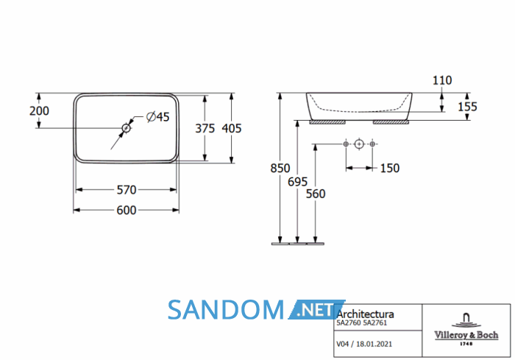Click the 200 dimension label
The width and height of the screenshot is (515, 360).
[x=39, y=110]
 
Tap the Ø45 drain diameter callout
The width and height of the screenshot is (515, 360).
[x=157, y=117]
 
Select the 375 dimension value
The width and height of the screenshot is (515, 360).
[x=205, y=128]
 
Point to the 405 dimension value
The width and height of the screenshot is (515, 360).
[x=232, y=128]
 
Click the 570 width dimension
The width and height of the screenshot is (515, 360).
[x=127, y=190]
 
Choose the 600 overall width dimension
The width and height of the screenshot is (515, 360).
[x=127, y=210]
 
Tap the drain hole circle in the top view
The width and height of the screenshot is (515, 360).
[x=126, y=128]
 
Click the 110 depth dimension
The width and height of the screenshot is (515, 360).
[x=442, y=80]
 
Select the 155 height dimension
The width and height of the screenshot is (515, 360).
[x=467, y=107]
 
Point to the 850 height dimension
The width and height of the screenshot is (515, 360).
[x=280, y=168]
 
